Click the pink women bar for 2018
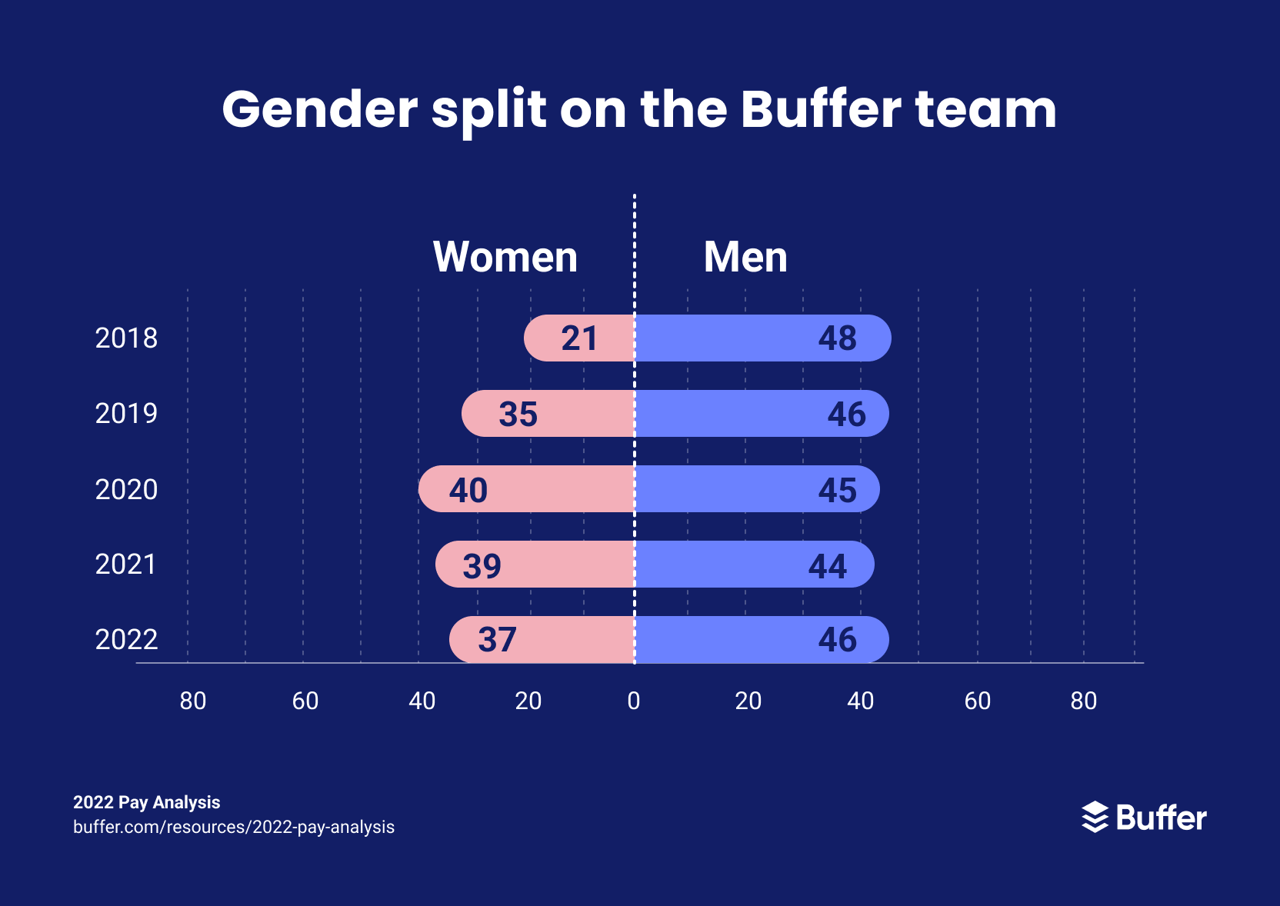tap(578, 338)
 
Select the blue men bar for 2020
tap(757, 489)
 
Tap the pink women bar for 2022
tap(542, 639)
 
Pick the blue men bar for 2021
tap(754, 565)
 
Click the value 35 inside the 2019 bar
tap(518, 414)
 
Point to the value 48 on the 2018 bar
tap(837, 338)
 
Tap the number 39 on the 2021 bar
tap(482, 566)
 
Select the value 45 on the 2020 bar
tap(837, 490)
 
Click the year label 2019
tap(126, 414)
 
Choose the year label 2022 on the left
tap(126, 640)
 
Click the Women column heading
tap(505, 257)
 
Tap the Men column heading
tap(745, 257)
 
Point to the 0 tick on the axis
tap(634, 701)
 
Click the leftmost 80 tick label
tap(192, 701)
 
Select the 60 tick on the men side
tap(977, 701)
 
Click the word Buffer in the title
tap(820, 109)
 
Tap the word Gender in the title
tap(319, 109)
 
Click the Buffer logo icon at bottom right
tap(1095, 817)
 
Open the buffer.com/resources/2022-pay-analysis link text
tap(234, 827)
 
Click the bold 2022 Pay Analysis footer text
tap(146, 802)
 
